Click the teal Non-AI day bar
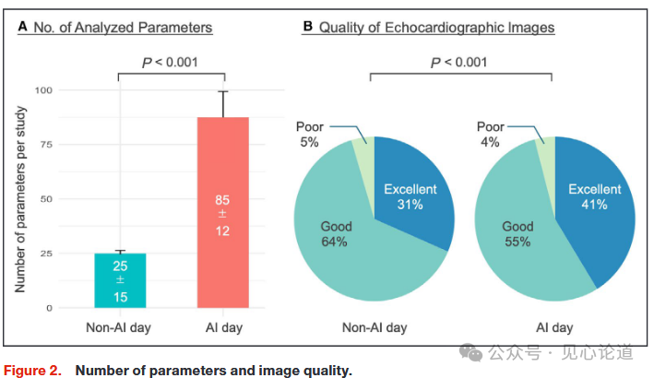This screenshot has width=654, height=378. pos(120,280)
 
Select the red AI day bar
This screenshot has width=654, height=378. pos(222,212)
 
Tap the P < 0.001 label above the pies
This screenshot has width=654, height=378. pos(458,63)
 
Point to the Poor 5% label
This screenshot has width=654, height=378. pos(309,134)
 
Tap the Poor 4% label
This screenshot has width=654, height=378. pos(491,134)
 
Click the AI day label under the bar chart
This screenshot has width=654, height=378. pos(222,327)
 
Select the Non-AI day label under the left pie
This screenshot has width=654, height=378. pos(374,327)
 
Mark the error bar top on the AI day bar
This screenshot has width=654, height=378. pos(222,91)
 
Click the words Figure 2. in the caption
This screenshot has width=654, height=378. pos(34,370)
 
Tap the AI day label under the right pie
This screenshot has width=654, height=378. pos(553,327)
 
